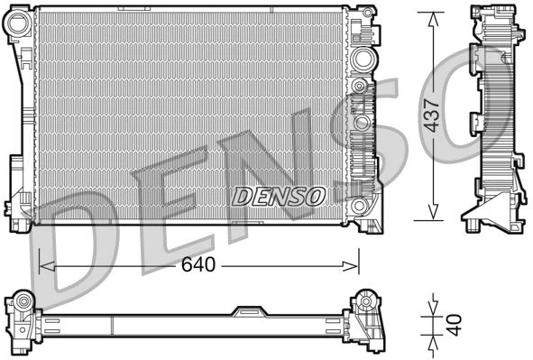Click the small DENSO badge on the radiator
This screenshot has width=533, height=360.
click(280, 196)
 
